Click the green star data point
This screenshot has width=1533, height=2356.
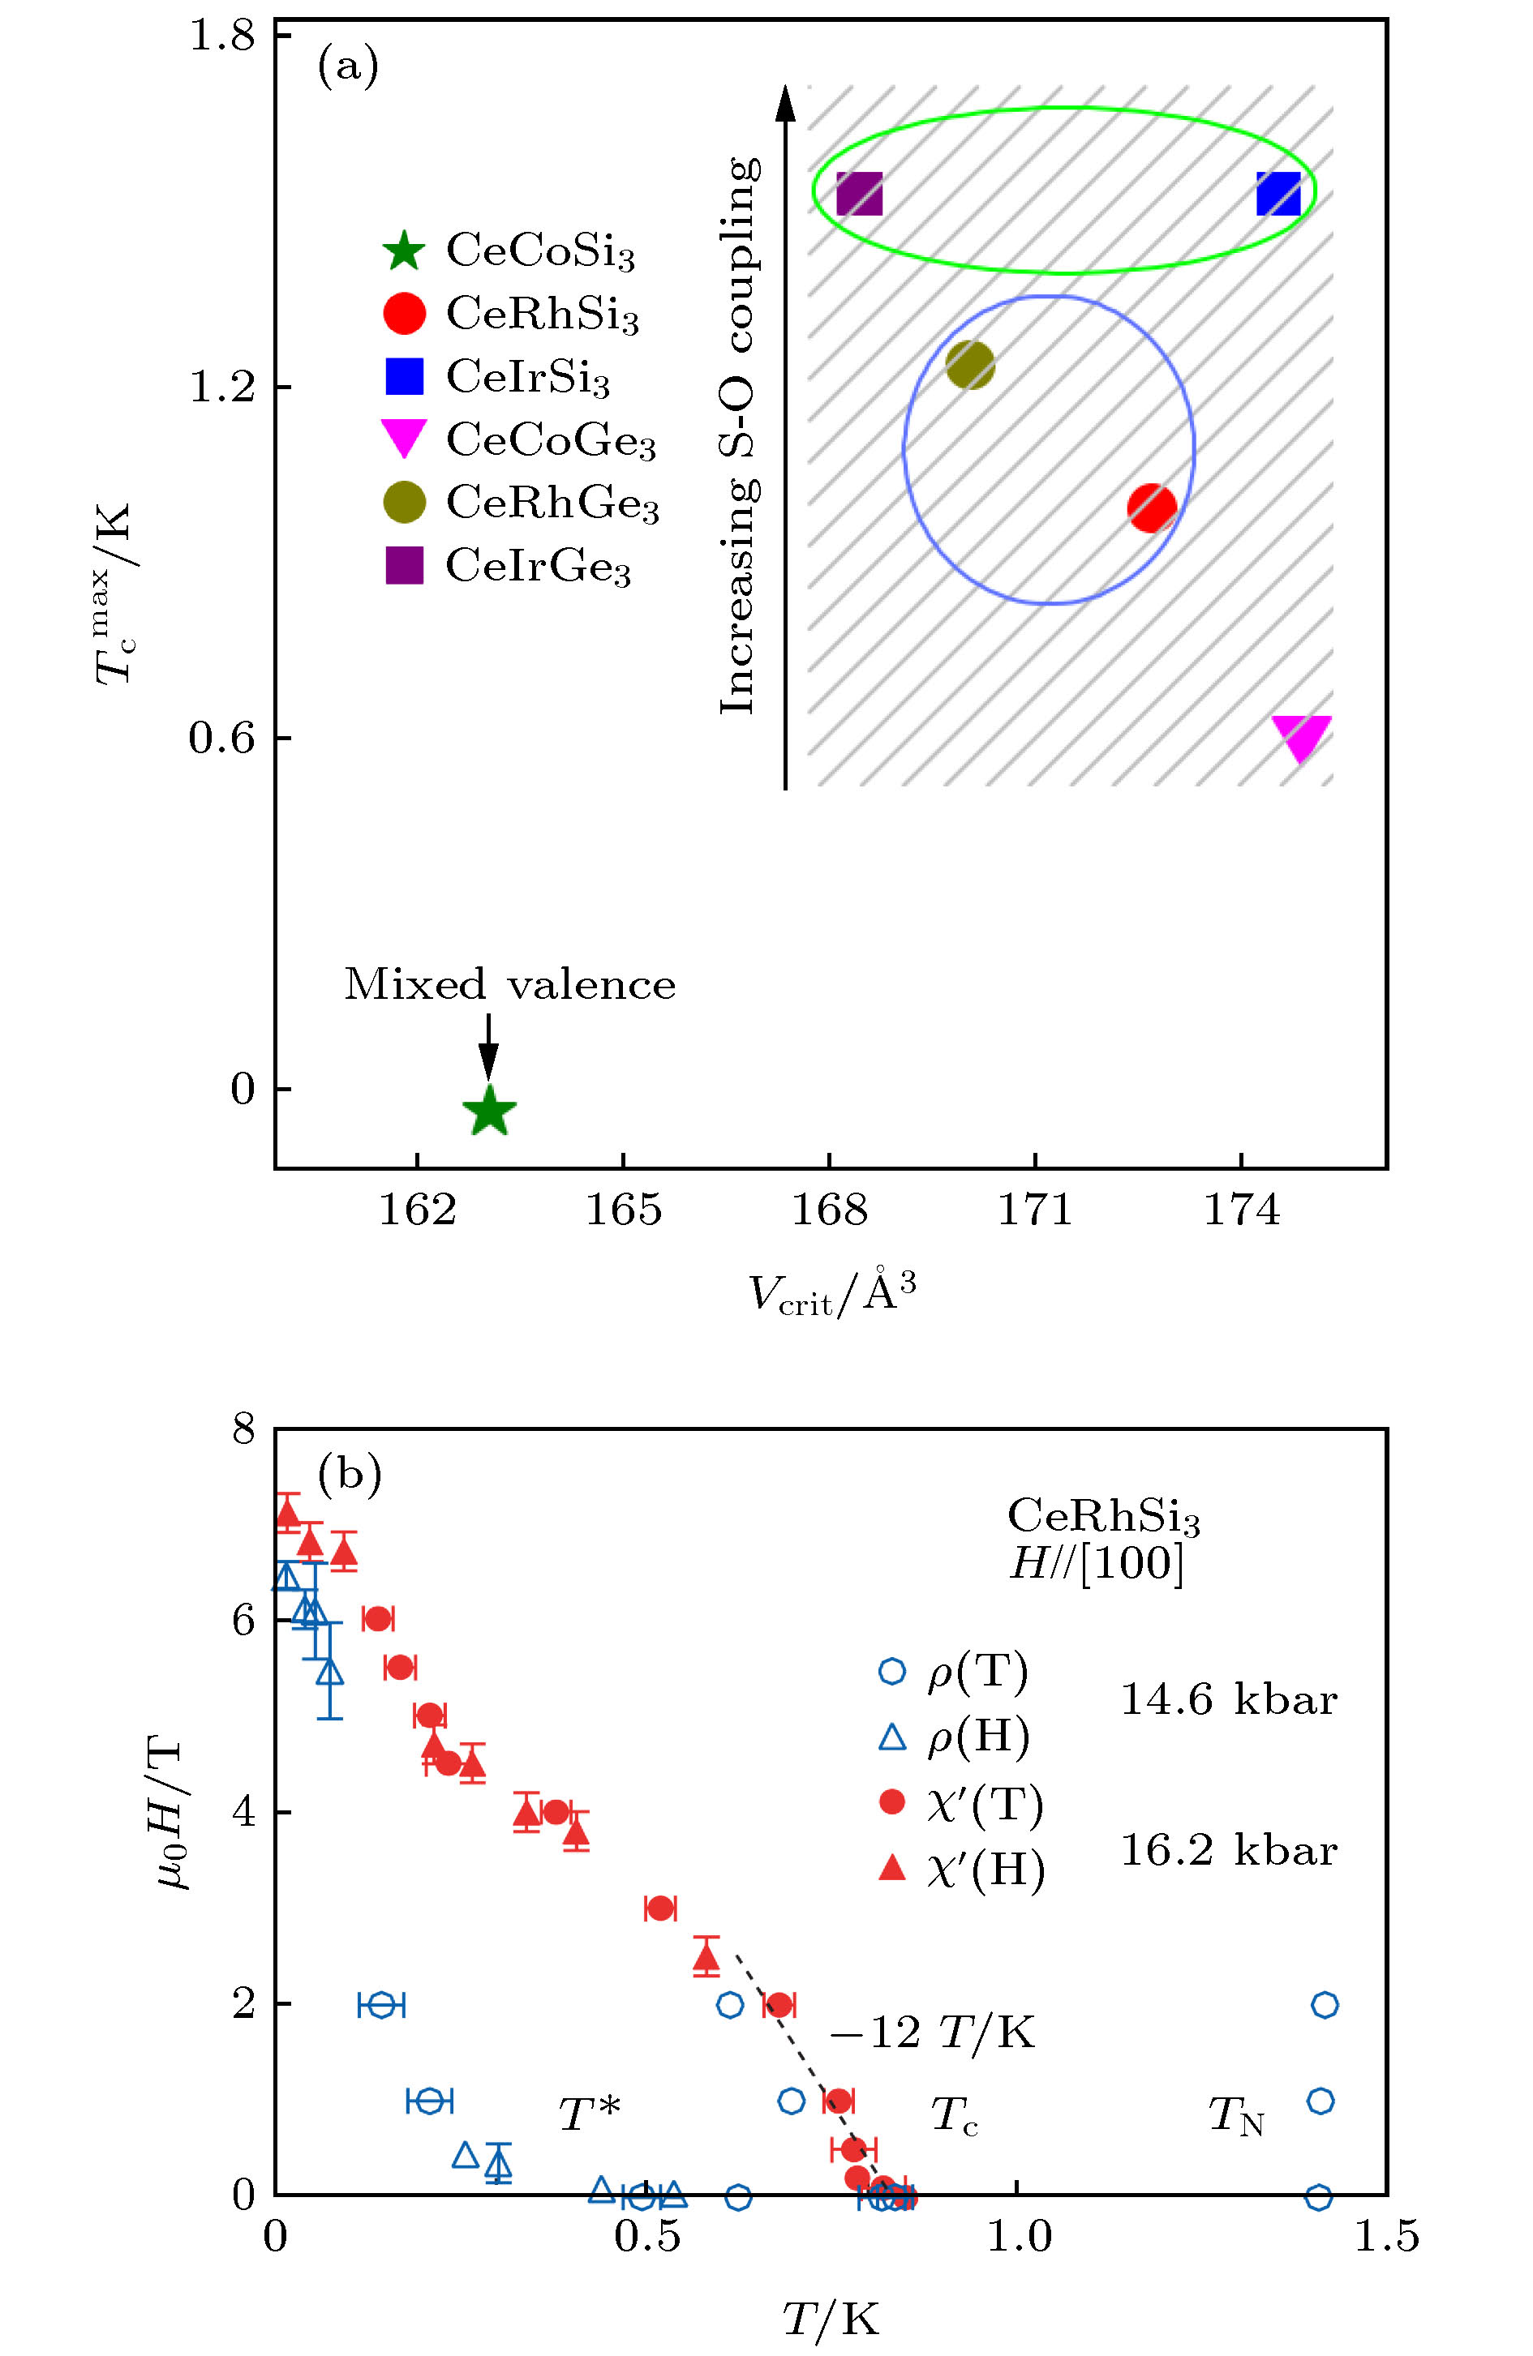(489, 1111)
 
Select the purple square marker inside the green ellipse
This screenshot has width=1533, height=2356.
(859, 194)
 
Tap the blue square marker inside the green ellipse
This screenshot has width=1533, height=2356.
(1278, 194)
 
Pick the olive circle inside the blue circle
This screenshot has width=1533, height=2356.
(969, 366)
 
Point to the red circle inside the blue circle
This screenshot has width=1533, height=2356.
(1152, 508)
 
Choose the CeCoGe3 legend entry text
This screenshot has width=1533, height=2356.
(552, 440)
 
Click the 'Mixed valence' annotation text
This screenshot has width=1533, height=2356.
(510, 985)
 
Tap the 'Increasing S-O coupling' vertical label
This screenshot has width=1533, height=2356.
(739, 435)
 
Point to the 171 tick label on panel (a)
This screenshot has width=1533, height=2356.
(1035, 1210)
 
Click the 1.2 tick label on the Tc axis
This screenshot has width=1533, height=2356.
(221, 387)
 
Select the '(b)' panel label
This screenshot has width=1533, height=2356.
(349, 1474)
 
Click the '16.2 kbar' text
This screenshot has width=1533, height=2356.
(1228, 1850)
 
